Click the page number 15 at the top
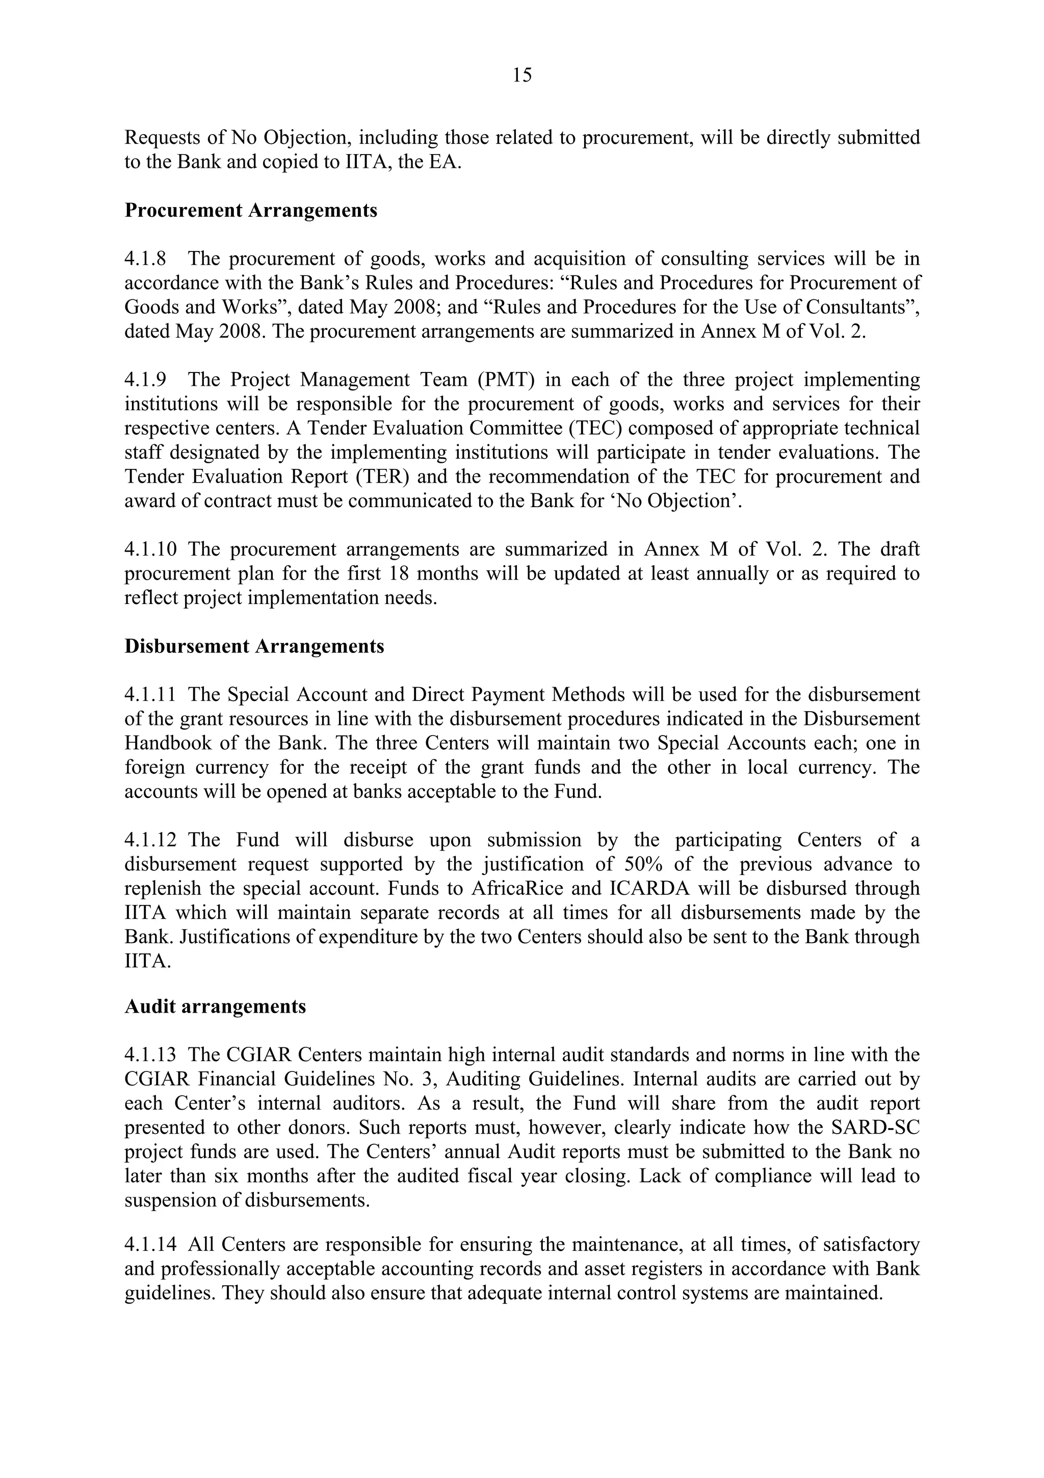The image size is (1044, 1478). coord(521,76)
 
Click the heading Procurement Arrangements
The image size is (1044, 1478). coord(251,211)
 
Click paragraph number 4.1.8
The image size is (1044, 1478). coord(145,259)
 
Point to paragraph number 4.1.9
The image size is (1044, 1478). coord(145,380)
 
